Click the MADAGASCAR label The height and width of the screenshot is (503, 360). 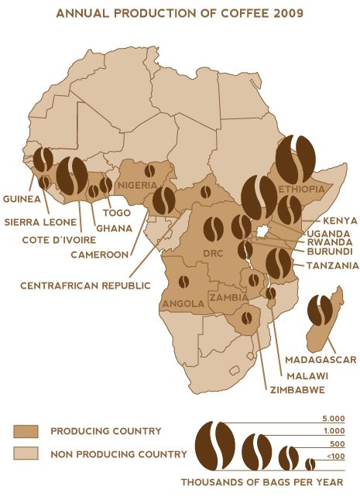point(320,360)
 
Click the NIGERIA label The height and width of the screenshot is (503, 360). point(138,186)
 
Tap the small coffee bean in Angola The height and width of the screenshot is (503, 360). point(183,282)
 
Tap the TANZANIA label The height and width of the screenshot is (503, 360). point(332,265)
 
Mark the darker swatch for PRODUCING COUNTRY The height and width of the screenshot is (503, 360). point(26,431)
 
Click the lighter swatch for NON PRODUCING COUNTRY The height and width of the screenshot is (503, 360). point(26,454)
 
